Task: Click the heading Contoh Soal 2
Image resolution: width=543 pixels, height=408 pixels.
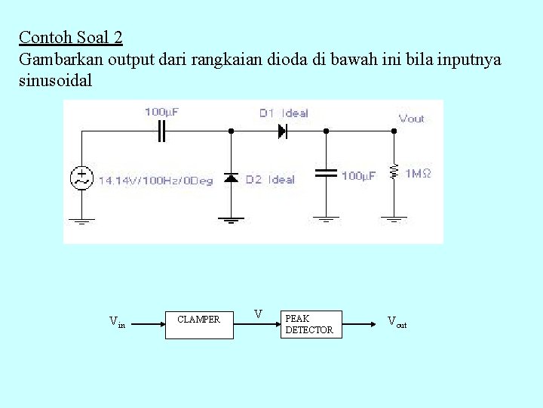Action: (x=71, y=37)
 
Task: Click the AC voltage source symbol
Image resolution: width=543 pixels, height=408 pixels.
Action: (x=81, y=178)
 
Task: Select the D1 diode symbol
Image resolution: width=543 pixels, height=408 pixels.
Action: (x=283, y=131)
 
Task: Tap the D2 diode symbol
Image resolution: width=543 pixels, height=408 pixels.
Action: (x=232, y=178)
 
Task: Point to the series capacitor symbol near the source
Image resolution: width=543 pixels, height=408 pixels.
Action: (x=161, y=131)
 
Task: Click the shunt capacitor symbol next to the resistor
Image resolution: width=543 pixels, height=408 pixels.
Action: (x=326, y=173)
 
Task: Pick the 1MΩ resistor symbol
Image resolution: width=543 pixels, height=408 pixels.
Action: (x=393, y=173)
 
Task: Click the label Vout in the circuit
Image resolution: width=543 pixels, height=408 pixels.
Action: (x=411, y=119)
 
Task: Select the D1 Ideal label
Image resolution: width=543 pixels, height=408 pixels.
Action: (x=284, y=113)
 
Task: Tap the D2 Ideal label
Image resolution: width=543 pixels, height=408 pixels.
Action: (x=270, y=180)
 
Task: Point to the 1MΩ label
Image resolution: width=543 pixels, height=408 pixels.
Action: (x=418, y=174)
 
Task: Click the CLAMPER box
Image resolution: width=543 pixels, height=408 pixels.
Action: (x=199, y=324)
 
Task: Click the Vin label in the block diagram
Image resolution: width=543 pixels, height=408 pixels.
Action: (x=117, y=323)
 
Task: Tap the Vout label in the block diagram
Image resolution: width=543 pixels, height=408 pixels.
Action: (x=397, y=322)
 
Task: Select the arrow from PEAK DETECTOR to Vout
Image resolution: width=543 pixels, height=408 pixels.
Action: (x=361, y=324)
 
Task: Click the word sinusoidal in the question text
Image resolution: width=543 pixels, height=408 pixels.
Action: (x=55, y=81)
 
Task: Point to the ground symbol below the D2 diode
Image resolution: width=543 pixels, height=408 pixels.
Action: (x=232, y=220)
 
